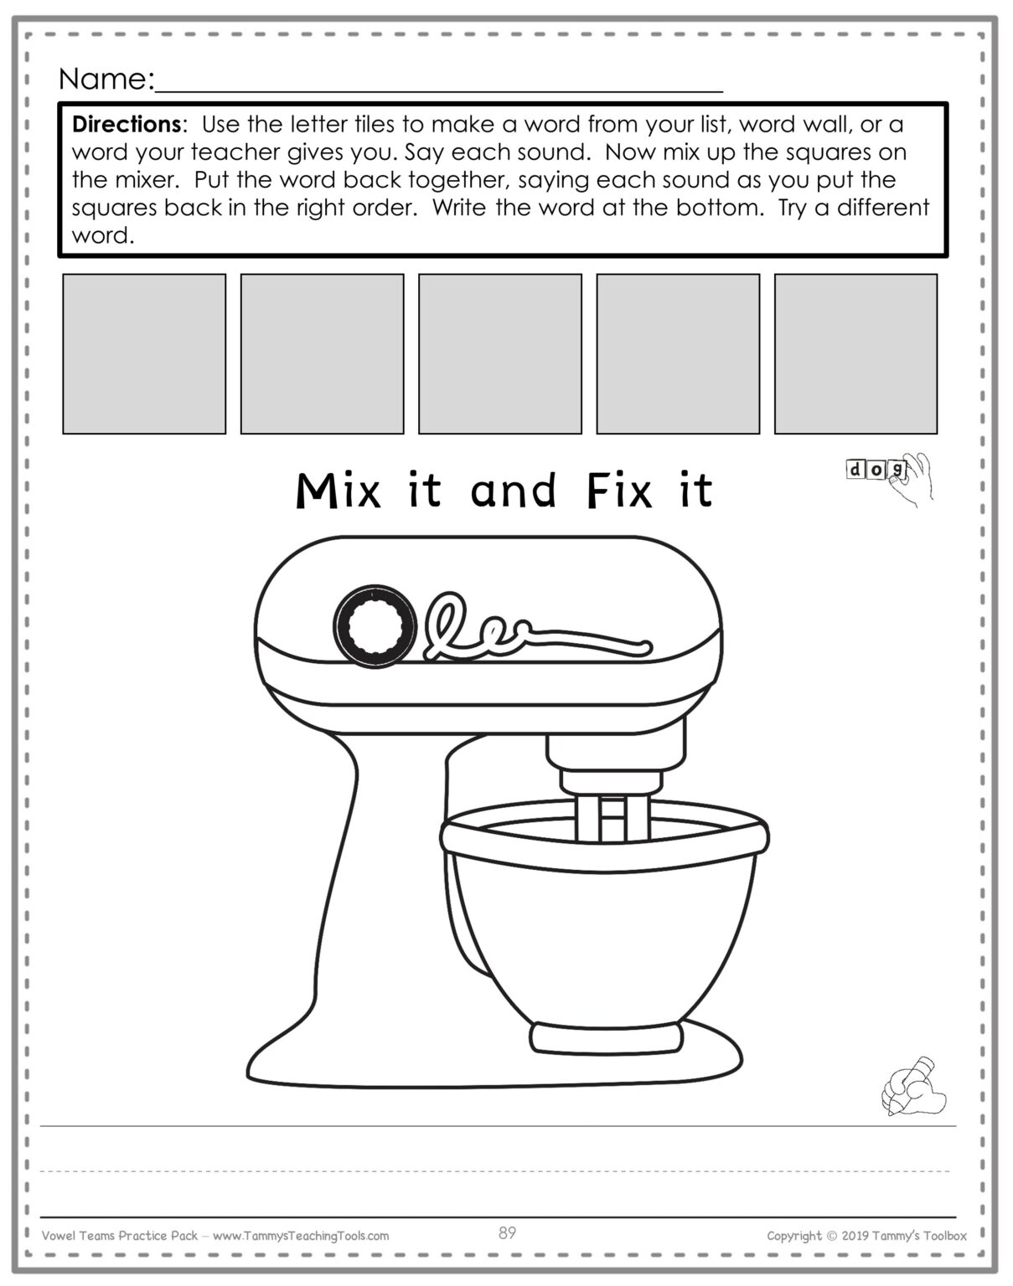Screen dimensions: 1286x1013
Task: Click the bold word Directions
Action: point(126,125)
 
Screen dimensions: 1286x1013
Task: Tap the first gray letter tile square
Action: point(144,353)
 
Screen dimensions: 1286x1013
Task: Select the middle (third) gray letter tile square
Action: point(500,353)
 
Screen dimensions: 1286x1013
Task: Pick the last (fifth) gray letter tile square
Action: point(855,353)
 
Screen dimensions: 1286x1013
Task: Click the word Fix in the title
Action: point(618,491)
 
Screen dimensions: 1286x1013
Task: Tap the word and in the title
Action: point(514,491)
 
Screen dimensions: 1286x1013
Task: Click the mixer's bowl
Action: point(603,921)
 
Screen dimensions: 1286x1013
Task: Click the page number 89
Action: point(507,1233)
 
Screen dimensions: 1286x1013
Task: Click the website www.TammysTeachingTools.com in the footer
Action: point(301,1236)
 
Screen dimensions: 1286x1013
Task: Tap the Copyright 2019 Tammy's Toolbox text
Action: point(866,1236)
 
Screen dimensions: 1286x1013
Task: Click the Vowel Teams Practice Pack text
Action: point(120,1236)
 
